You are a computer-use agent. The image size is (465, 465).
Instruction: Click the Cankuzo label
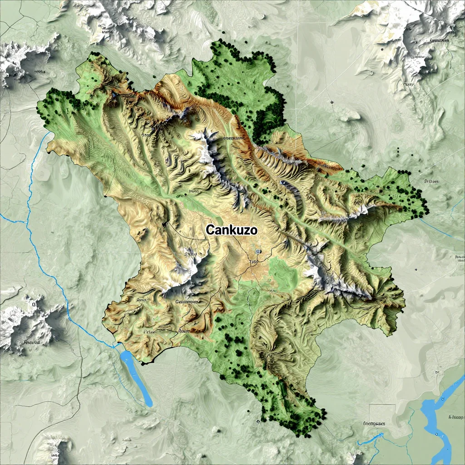coord(232,230)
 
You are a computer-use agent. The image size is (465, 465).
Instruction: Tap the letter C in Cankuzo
coord(210,230)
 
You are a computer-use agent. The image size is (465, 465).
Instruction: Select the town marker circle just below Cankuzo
coord(258,251)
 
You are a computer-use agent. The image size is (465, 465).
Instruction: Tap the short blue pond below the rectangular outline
coord(370,439)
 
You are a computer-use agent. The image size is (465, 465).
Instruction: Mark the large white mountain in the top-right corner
coord(409,41)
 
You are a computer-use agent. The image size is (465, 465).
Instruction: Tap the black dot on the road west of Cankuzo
coord(164,224)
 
